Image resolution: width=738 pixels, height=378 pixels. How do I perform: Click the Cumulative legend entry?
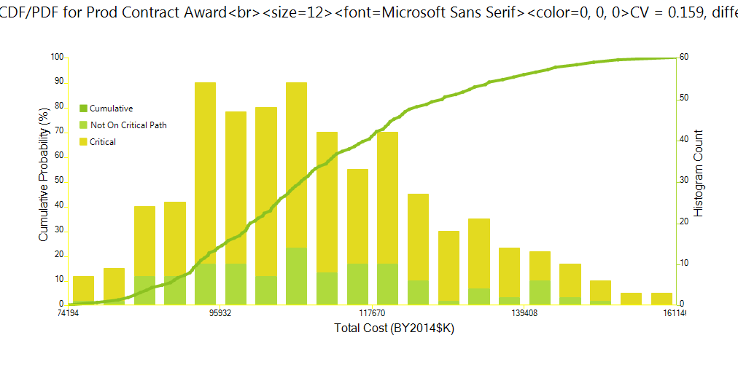pyautogui.click(x=111, y=109)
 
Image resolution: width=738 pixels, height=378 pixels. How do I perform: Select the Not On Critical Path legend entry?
pyautogui.click(x=128, y=125)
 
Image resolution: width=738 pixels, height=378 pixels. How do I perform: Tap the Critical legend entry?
pyautogui.click(x=103, y=142)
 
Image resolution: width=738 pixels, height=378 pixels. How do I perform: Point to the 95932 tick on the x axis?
pyautogui.click(x=221, y=313)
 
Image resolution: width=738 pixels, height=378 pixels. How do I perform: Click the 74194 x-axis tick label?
pyautogui.click(x=69, y=313)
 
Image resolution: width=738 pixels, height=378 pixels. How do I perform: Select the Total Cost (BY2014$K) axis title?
pyautogui.click(x=394, y=328)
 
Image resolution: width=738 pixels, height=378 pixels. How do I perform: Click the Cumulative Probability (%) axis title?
pyautogui.click(x=43, y=172)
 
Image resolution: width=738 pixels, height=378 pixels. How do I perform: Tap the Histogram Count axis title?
pyautogui.click(x=699, y=173)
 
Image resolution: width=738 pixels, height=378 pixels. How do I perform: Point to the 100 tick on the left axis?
pyautogui.click(x=58, y=58)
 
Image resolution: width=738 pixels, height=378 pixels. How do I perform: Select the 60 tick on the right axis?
pyautogui.click(x=684, y=57)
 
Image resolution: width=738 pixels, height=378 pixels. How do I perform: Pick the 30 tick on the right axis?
pyautogui.click(x=684, y=180)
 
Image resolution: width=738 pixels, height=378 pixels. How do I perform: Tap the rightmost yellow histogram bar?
pyautogui.click(x=661, y=298)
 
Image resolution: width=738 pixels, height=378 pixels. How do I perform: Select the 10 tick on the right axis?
pyautogui.click(x=684, y=262)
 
